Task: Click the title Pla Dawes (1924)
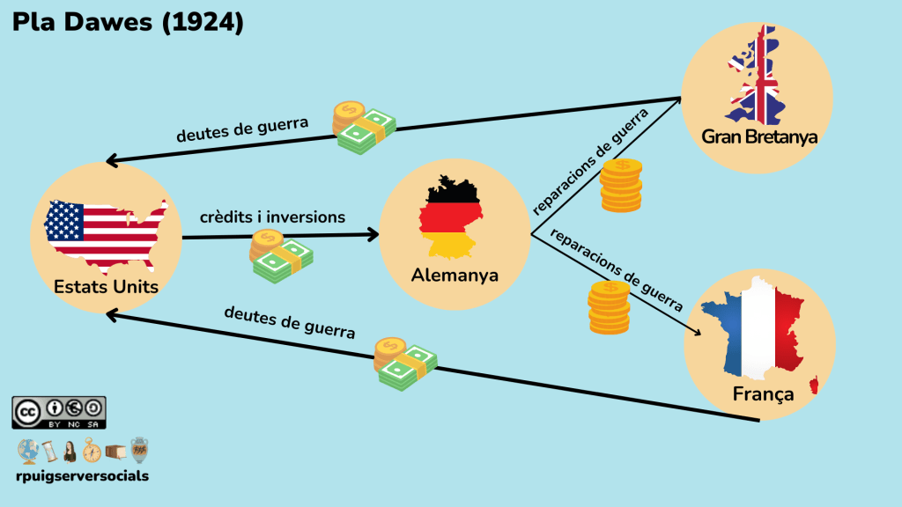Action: pos(128,24)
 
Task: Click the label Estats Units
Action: pos(106,287)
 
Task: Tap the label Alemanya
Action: pos(455,275)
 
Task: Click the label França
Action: pos(763,393)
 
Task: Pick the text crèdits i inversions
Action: pos(272,217)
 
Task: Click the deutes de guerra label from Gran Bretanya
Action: pos(242,129)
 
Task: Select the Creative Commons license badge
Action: pos(59,412)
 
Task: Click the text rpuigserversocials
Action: pos(82,476)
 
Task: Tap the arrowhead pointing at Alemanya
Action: pos(372,235)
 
